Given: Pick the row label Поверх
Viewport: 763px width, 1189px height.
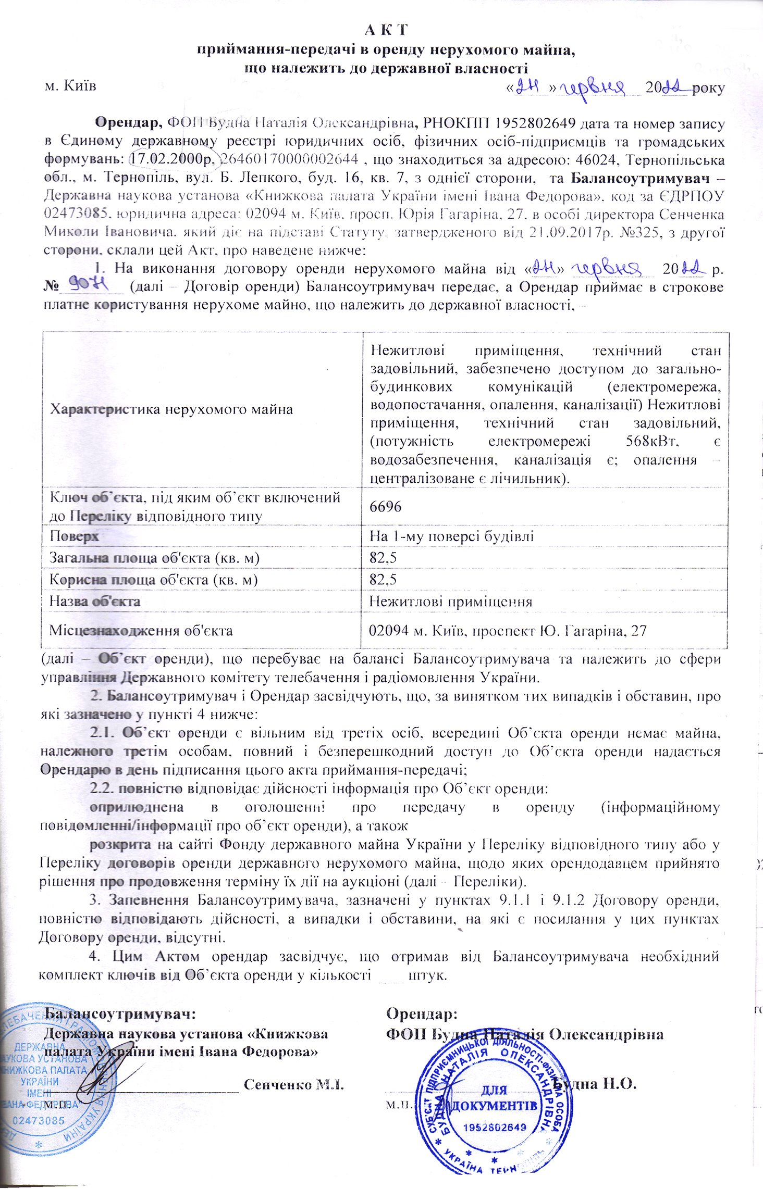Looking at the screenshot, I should tap(74, 536).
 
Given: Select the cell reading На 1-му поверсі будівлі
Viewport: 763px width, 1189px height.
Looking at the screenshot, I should tap(451, 536).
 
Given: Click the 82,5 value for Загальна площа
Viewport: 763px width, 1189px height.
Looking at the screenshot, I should tap(383, 558).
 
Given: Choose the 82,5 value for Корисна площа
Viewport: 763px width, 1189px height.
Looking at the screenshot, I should tap(383, 580).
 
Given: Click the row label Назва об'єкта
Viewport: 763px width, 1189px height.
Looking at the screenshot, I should tap(95, 602).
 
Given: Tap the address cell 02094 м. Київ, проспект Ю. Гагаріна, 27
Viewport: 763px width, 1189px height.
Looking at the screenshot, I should tap(508, 631).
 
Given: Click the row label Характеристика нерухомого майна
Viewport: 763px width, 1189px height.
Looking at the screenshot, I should tap(171, 409).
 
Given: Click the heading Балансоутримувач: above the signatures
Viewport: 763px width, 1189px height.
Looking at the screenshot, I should tap(121, 1014).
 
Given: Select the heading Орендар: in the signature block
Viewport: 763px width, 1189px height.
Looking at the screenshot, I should tap(422, 1014).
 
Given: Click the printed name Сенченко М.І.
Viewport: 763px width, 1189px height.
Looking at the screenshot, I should tap(294, 1084).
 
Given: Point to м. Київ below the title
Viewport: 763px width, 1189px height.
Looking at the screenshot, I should tap(70, 85).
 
